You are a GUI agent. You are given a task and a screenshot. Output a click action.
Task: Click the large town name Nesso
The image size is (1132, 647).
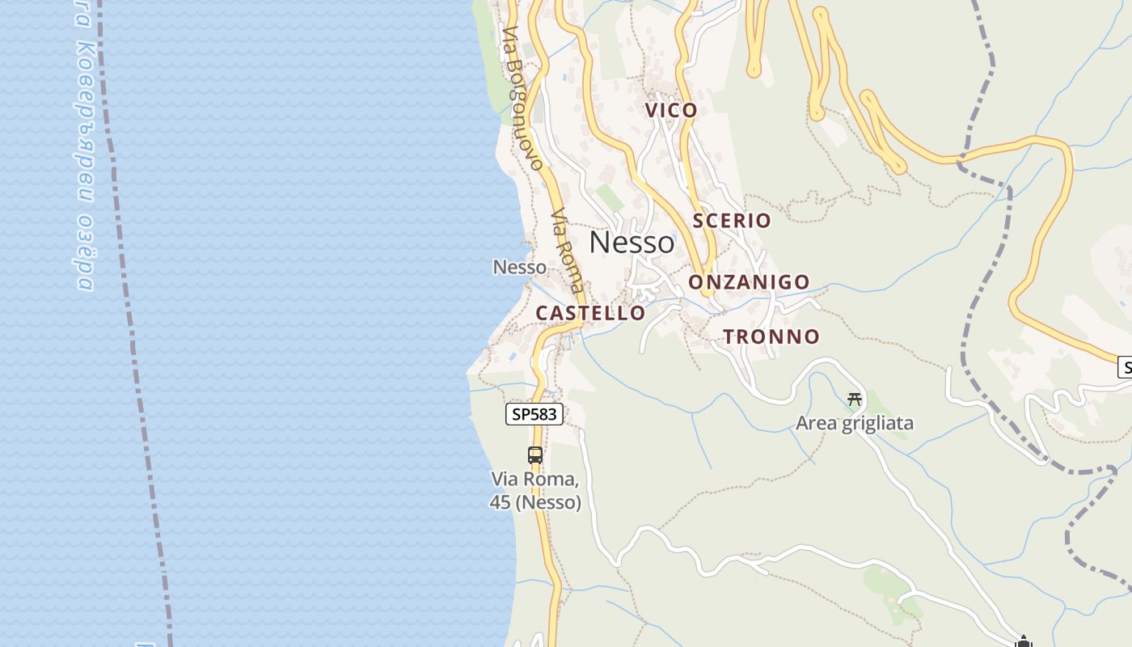click(631, 242)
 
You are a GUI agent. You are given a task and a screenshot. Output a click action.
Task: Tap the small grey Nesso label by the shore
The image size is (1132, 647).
click(520, 266)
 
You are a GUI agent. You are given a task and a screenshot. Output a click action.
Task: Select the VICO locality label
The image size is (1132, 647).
click(671, 110)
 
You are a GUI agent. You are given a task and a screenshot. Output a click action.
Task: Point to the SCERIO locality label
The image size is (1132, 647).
click(732, 220)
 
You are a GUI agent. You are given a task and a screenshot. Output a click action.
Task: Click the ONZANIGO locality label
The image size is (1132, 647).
click(749, 281)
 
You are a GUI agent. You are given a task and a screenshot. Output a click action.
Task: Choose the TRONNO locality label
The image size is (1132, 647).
click(771, 336)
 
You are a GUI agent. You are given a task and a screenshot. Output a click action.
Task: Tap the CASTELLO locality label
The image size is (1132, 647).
click(591, 313)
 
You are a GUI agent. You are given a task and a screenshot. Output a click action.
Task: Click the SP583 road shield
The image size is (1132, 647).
click(534, 414)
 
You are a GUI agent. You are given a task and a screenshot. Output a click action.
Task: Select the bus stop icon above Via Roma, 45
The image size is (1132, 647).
click(535, 455)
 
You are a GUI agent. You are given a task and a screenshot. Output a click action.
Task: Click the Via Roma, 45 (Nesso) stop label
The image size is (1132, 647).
click(535, 491)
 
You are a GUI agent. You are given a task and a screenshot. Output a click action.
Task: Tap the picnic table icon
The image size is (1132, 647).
click(855, 399)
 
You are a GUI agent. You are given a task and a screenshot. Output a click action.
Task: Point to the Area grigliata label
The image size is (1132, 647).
click(855, 423)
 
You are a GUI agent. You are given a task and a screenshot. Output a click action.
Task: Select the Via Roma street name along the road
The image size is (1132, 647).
click(567, 251)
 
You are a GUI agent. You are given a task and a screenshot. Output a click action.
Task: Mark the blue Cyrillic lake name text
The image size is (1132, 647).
click(85, 146)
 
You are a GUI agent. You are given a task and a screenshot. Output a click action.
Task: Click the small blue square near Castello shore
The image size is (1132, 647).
click(513, 357)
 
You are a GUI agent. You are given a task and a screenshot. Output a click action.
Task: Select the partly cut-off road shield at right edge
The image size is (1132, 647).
click(1125, 367)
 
